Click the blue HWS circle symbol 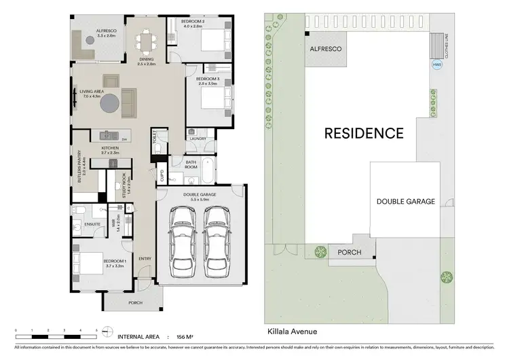tap(436, 65)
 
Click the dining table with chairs tap(146, 43)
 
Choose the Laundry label tap(198, 139)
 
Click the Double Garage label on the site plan tap(406, 202)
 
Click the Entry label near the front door tap(145, 259)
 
